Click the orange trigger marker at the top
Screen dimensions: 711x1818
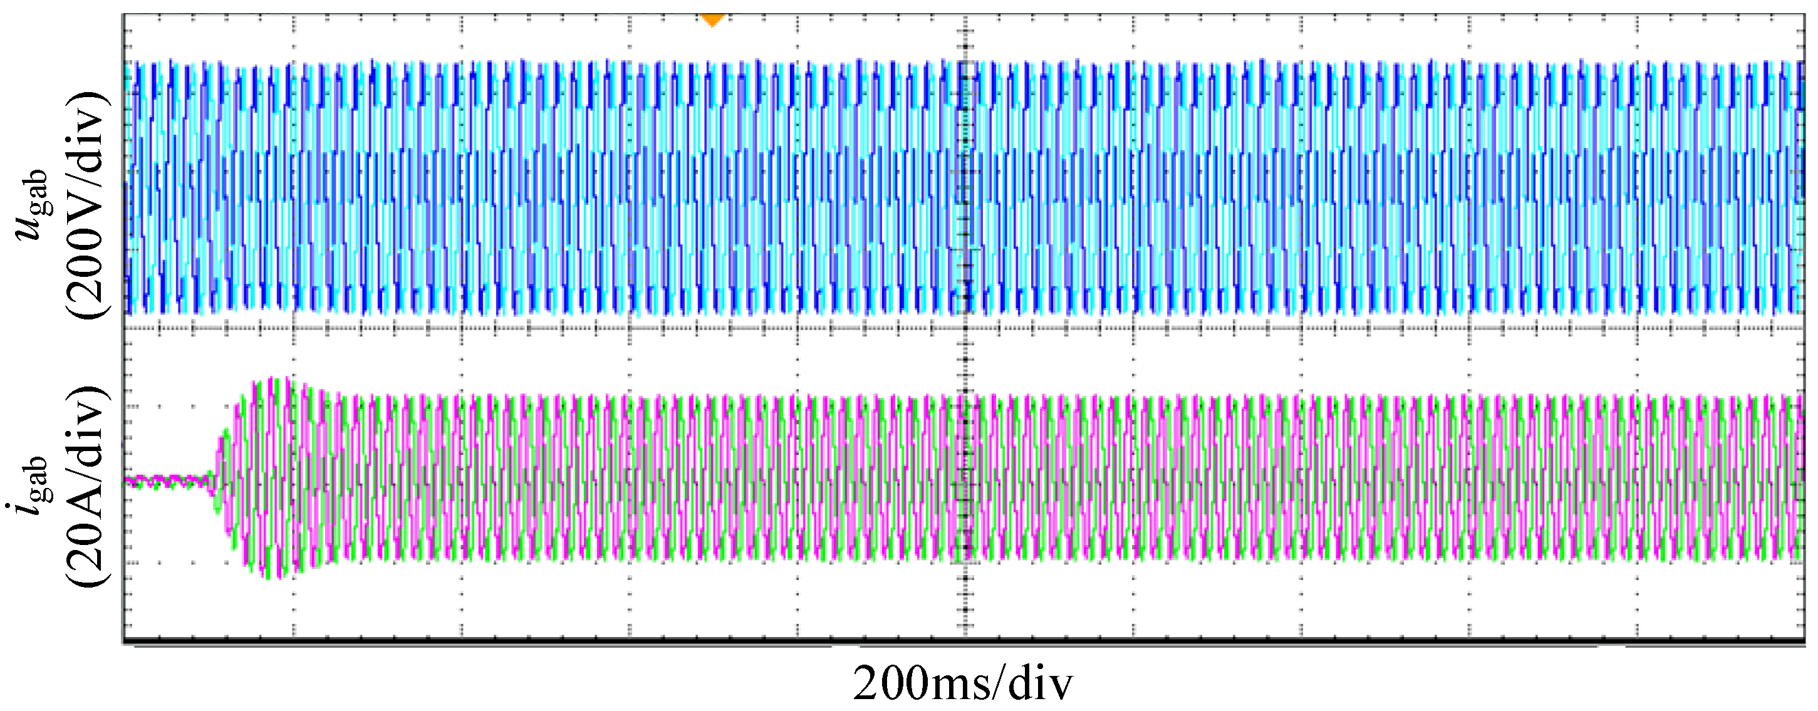pyautogui.click(x=712, y=19)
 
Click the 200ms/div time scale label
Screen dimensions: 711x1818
pyautogui.click(x=963, y=683)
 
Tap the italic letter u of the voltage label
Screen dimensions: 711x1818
pyautogui.click(x=31, y=228)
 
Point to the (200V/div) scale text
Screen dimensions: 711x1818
pyautogui.click(x=88, y=205)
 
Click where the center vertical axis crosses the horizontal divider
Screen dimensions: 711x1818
pyautogui.click(x=965, y=328)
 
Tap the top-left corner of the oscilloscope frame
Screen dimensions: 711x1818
pyautogui.click(x=123, y=15)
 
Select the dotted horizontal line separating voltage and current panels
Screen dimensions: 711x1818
pyautogui.click(x=564, y=328)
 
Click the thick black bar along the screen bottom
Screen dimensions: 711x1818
pyautogui.click(x=963, y=642)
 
